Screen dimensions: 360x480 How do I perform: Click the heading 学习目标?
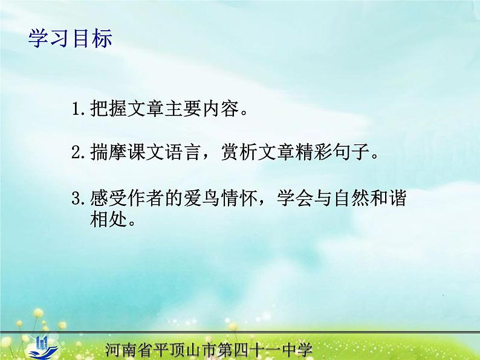[70, 40]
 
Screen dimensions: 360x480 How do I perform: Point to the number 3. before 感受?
[80, 198]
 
